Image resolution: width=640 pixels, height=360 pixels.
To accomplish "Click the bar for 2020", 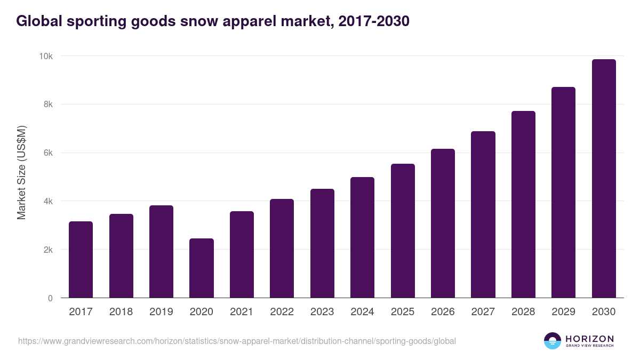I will (202, 268).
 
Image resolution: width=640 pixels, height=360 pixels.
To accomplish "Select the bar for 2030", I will (604, 179).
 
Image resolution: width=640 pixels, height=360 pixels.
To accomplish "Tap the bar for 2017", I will (81, 260).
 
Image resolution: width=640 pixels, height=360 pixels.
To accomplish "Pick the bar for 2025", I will (403, 231).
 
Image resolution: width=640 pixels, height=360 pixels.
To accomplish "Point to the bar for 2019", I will (161, 252).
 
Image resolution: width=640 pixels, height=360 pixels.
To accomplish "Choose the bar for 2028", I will (523, 204).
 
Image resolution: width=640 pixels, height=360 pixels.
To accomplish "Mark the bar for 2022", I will (282, 249).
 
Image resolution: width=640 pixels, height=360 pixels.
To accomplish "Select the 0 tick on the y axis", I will (50, 298).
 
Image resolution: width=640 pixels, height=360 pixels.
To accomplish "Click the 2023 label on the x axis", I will (322, 312).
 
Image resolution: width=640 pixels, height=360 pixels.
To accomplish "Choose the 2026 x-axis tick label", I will (443, 312).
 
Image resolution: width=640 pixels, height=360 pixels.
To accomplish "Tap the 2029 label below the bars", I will (563, 312).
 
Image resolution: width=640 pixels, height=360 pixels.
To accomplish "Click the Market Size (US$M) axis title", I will (21, 172).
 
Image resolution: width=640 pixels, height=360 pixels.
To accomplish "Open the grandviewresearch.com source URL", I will (237, 341).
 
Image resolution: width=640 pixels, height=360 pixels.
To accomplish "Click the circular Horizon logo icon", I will (553, 341).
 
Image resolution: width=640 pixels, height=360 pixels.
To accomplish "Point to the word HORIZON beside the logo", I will (589, 338).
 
